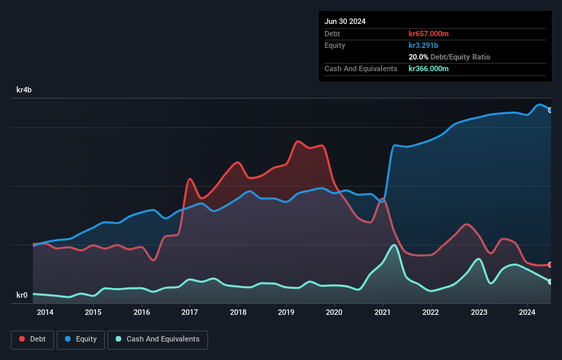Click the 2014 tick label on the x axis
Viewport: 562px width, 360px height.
(x=45, y=313)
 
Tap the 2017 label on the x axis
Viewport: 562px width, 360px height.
(x=190, y=313)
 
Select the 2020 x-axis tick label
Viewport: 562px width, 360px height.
(x=334, y=313)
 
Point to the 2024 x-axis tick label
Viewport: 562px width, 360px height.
(x=527, y=313)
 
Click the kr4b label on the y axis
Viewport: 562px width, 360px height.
(x=25, y=90)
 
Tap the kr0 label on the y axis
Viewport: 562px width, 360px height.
(x=22, y=295)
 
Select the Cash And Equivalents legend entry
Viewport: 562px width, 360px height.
(x=157, y=339)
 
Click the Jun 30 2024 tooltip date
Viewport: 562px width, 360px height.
(x=345, y=21)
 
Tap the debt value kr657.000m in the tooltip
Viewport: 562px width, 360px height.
(x=429, y=34)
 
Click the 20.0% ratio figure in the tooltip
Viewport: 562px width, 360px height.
(x=418, y=57)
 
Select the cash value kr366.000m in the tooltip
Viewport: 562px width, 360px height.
(x=429, y=68)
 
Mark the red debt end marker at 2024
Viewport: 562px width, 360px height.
(x=550, y=264)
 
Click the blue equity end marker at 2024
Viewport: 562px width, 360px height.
(x=550, y=110)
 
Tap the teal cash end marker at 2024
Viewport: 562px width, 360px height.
(x=550, y=281)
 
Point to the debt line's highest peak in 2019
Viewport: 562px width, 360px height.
(x=298, y=142)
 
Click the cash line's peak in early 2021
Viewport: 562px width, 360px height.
(x=394, y=245)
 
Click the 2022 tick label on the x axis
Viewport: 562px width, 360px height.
(x=431, y=313)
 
